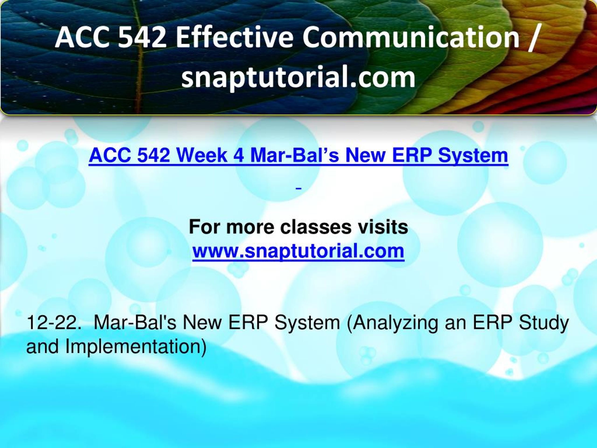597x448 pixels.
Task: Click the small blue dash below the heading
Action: pyautogui.click(x=298, y=189)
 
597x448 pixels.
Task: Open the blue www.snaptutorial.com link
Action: pyautogui.click(x=298, y=251)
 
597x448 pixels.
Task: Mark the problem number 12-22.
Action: pyautogui.click(x=54, y=322)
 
